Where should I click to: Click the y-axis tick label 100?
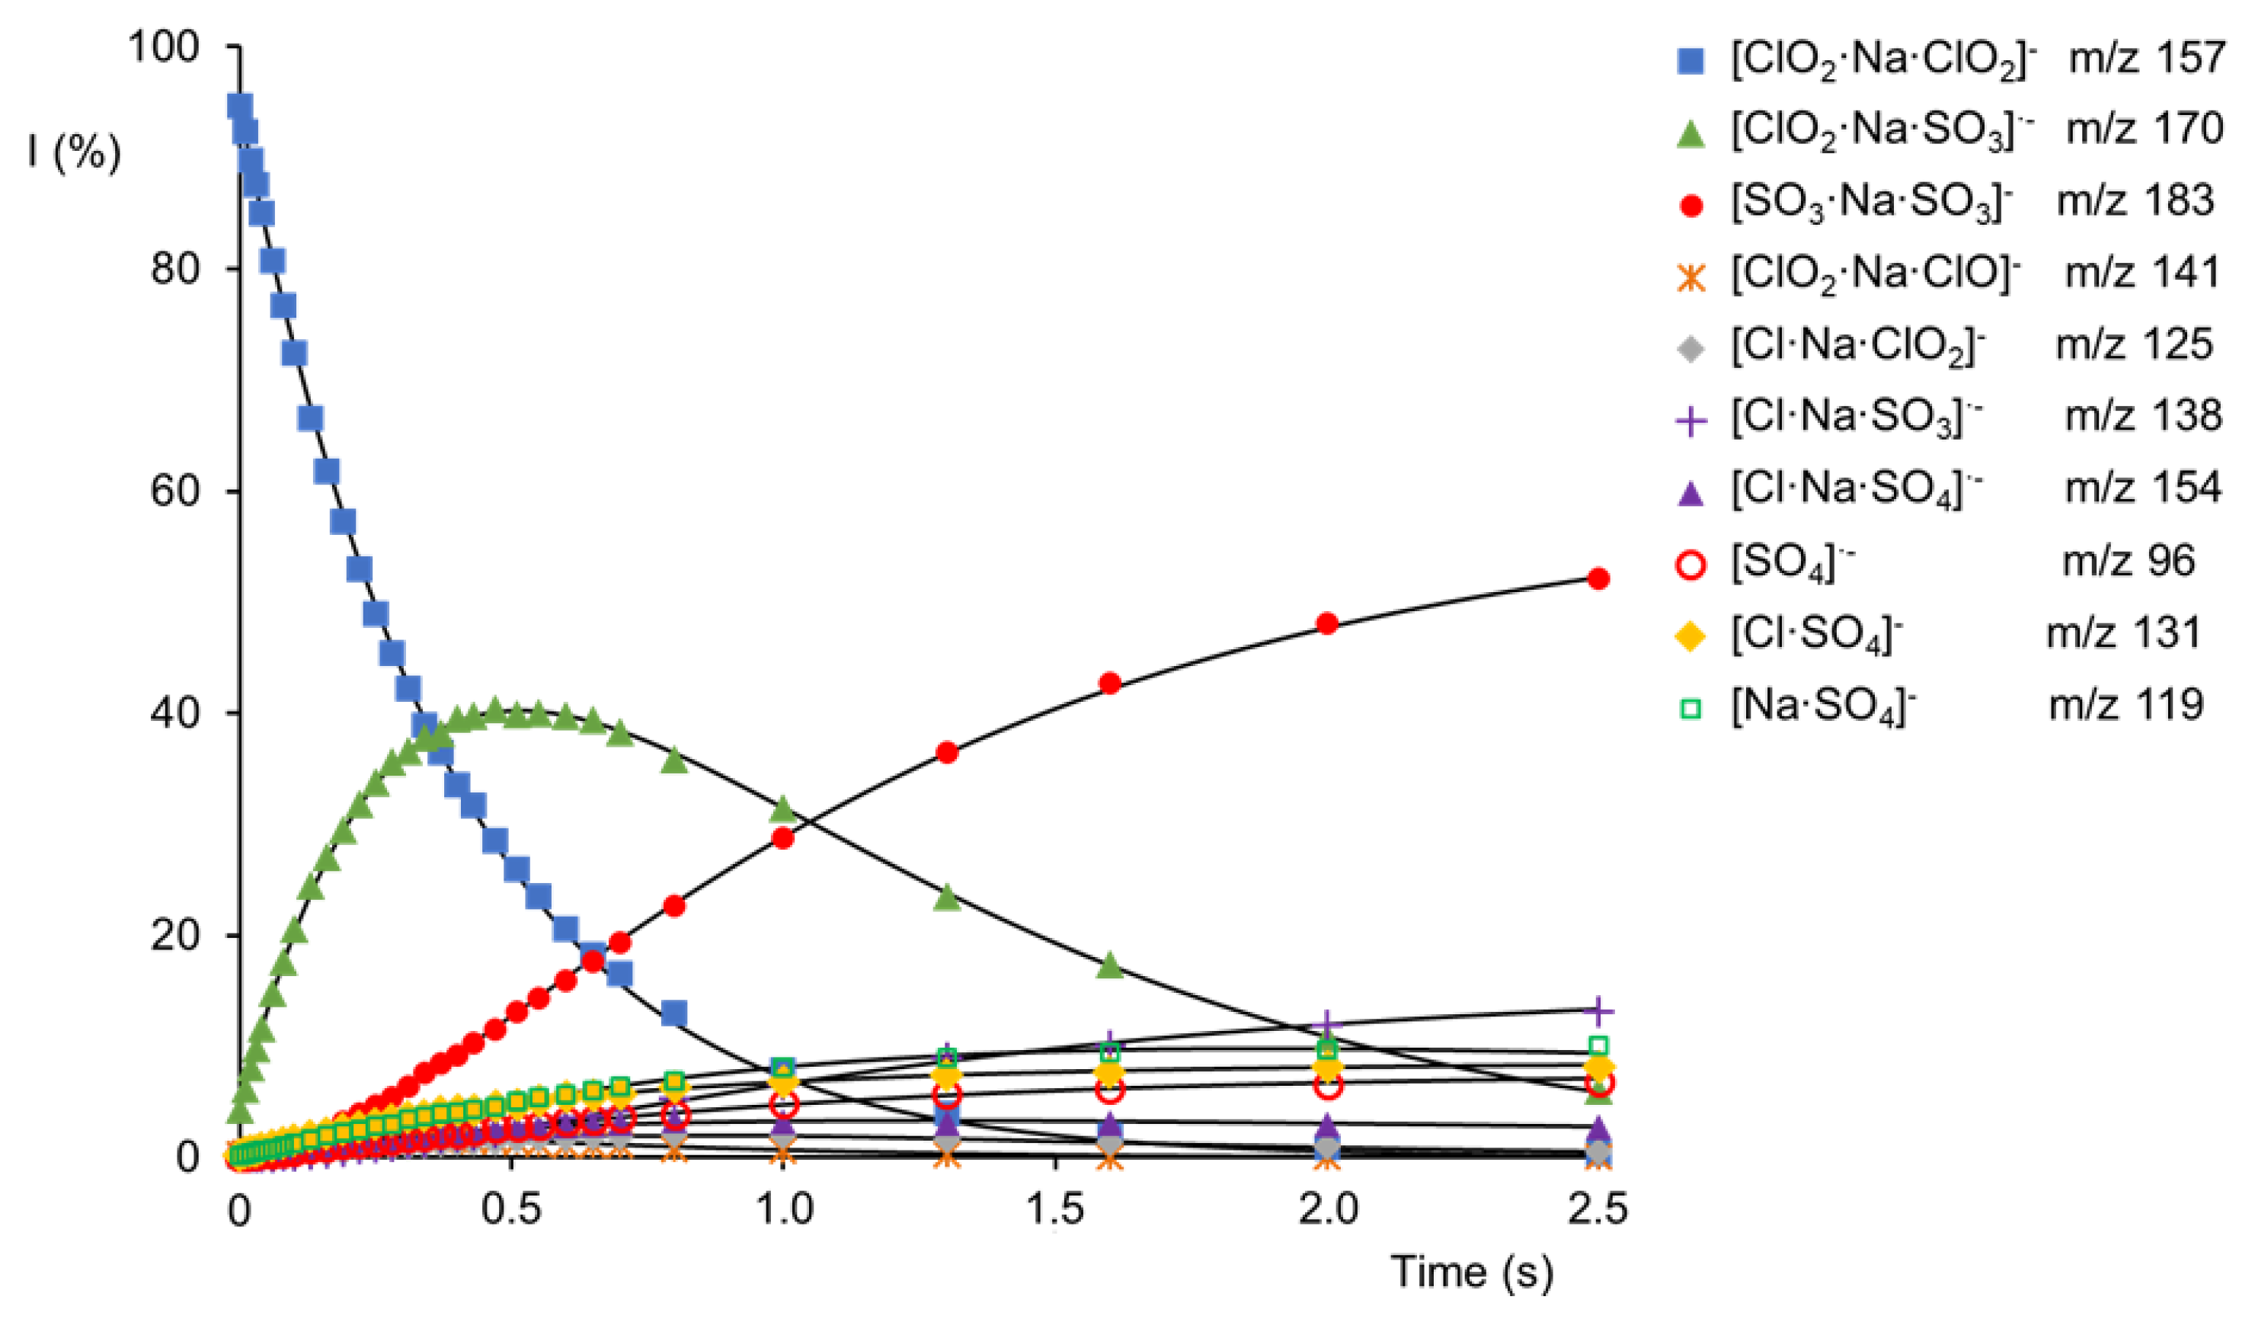tap(163, 46)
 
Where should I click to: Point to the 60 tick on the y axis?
tap(175, 491)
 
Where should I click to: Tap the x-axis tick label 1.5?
tap(1056, 1210)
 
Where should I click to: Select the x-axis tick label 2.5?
tap(1598, 1210)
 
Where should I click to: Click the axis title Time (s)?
tap(1472, 1272)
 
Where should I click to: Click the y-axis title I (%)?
tap(73, 152)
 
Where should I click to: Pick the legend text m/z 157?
tap(2145, 58)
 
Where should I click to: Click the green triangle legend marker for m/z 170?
tap(1690, 134)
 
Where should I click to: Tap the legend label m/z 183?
tap(2135, 200)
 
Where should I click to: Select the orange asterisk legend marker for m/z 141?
tap(1690, 277)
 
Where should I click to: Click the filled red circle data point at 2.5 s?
tap(1598, 579)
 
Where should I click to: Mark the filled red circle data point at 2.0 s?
tap(1328, 624)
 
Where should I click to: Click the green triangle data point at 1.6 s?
tap(1110, 965)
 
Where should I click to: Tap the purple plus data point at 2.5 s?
tap(1598, 1011)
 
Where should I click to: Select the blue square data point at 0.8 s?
tap(673, 1014)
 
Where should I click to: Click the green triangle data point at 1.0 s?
tap(783, 810)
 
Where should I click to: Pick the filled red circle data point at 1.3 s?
tap(947, 753)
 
